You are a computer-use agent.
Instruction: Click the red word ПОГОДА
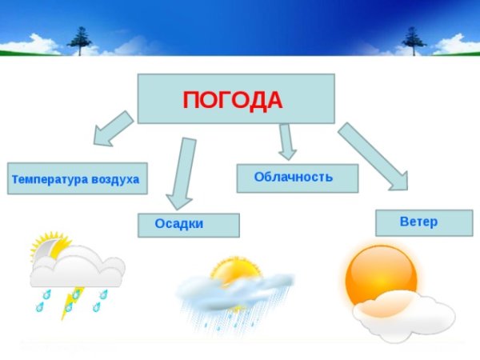(x=233, y=100)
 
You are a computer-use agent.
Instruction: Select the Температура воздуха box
(x=75, y=179)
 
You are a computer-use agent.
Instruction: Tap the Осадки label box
(x=188, y=225)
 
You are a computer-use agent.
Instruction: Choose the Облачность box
(x=297, y=178)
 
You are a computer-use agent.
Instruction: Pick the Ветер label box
(x=418, y=222)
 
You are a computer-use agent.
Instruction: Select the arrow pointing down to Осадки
(x=182, y=172)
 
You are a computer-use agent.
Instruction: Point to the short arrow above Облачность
(x=286, y=142)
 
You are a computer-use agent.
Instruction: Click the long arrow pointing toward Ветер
(x=373, y=156)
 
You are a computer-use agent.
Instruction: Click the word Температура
(x=45, y=179)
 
